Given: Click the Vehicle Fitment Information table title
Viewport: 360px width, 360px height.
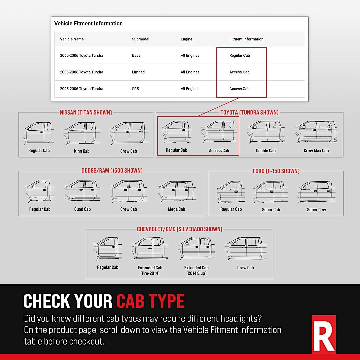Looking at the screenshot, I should coord(88,23).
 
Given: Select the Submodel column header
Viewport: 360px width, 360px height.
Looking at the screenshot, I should coord(140,39).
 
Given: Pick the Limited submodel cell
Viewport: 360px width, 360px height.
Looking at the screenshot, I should coord(138,72).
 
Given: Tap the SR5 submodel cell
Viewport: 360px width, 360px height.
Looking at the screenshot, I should coord(136,89).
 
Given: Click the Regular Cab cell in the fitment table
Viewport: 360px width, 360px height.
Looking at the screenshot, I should coord(239,55).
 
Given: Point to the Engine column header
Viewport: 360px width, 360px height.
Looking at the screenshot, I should coord(186,39).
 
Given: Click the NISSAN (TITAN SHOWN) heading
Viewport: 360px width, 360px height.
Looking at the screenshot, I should coord(86,112).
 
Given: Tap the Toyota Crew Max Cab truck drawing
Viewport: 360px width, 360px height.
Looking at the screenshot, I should coord(316,132).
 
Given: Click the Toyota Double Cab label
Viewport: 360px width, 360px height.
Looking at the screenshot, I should coord(266,151).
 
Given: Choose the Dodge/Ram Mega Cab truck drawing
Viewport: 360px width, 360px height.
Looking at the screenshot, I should coord(176,192).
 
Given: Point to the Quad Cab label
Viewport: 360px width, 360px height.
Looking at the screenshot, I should coord(82,209).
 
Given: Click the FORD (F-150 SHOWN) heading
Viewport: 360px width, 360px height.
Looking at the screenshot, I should coord(276,171).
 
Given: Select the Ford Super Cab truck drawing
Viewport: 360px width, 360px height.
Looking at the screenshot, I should coord(271,192).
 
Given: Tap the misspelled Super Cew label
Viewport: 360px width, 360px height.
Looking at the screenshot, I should coord(316,210).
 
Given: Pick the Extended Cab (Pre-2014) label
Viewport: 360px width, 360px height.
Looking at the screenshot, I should coord(150,270).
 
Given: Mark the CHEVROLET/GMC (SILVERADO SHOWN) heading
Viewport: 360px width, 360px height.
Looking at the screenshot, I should coord(179,229).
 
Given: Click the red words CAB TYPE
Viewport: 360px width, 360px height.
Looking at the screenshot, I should coord(150,301).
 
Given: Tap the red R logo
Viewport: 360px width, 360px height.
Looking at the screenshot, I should coord(324,334).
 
